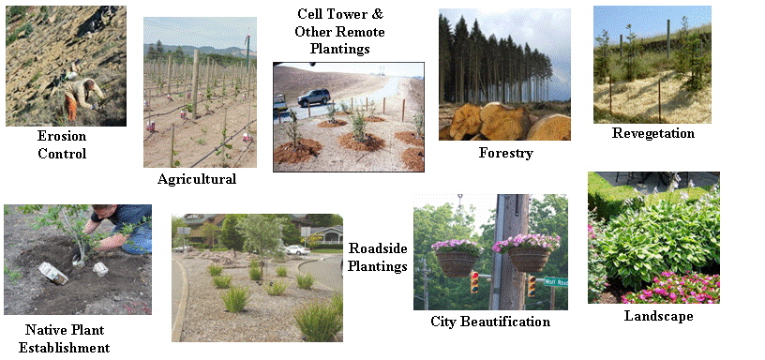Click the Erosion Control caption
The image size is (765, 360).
[x=62, y=145]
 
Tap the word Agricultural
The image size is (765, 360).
[x=197, y=179]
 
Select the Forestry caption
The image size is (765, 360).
[x=506, y=153]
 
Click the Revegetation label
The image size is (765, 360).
[x=653, y=133]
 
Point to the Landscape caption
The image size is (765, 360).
[x=659, y=316]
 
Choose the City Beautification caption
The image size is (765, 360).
[x=490, y=322]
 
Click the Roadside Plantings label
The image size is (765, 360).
[x=378, y=257]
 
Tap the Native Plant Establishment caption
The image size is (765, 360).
[x=64, y=338]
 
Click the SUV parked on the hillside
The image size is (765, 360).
[x=314, y=97]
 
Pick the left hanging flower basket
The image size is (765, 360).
[x=457, y=257]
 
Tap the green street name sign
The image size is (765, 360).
[x=556, y=282]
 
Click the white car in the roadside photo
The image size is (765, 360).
[x=296, y=250]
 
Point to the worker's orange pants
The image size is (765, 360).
[x=72, y=109]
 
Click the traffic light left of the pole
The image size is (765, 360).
[x=474, y=282]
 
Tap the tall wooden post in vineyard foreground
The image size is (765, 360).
[x=195, y=83]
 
